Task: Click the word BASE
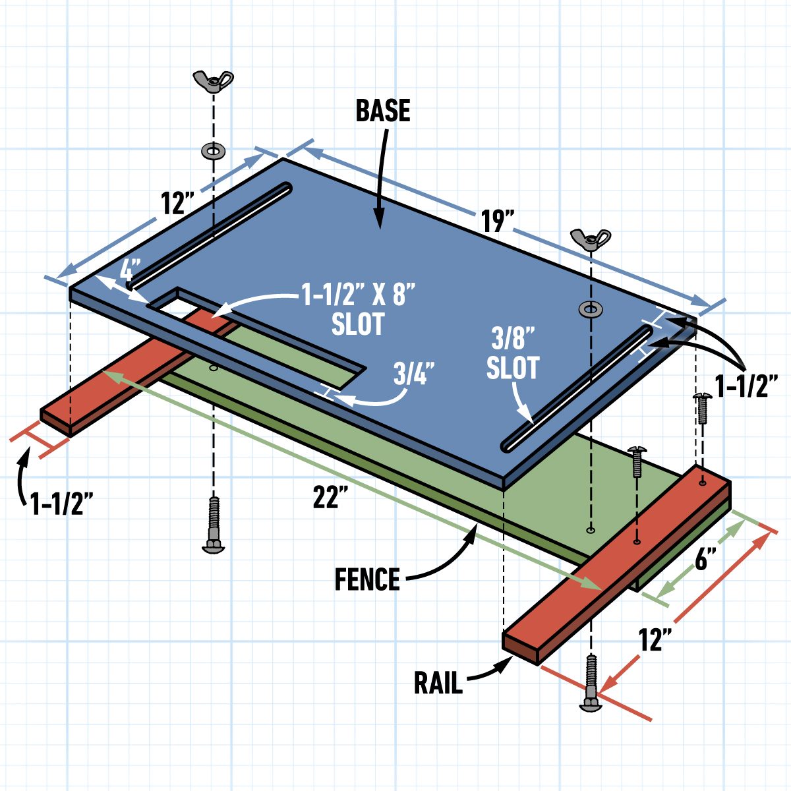pos(383,111)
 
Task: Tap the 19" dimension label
pos(497,221)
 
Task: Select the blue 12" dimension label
pos(175,204)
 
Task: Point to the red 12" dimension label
pos(655,639)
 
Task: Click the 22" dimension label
pos(330,498)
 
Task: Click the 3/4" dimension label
pos(414,374)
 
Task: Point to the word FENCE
pos(367,580)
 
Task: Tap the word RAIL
pos(438,683)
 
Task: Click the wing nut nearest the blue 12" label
pos(213,81)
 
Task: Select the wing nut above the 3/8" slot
pos(591,239)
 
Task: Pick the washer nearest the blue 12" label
pos(213,151)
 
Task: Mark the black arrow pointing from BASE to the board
pos(382,178)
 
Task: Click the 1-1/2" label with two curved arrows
pos(747,388)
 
